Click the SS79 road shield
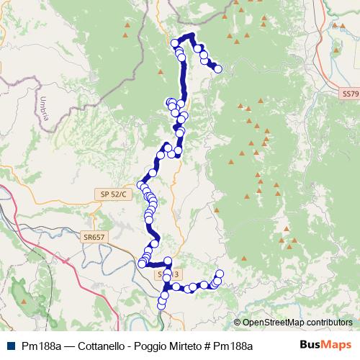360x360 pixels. [x=349, y=94]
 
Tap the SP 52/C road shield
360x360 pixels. [x=114, y=194]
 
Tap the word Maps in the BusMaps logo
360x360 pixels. [x=336, y=345]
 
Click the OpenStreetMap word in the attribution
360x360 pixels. [x=274, y=323]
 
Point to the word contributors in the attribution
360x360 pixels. [x=329, y=323]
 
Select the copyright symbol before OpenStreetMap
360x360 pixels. [x=238, y=323]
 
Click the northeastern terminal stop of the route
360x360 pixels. [x=217, y=69]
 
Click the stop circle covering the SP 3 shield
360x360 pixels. [x=168, y=275]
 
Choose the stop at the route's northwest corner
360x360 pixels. [x=175, y=43]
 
